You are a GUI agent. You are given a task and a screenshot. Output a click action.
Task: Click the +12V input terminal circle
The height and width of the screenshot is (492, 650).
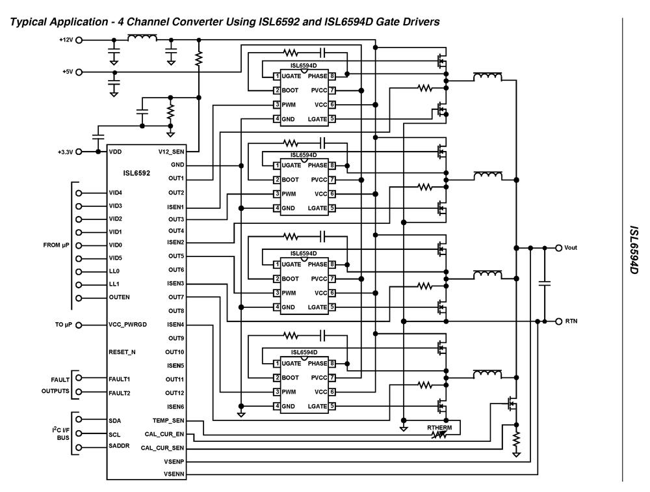[79, 40]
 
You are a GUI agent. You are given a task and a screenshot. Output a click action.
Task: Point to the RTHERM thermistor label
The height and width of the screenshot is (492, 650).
[439, 427]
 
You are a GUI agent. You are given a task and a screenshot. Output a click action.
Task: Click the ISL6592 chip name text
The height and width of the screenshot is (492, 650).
[136, 174]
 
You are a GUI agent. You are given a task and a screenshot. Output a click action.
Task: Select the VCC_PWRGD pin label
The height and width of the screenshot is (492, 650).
[130, 325]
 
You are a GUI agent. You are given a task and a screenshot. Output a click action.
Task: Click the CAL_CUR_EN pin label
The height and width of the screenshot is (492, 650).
[165, 434]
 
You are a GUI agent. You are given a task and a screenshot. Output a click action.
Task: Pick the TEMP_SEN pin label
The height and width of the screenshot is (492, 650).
[168, 421]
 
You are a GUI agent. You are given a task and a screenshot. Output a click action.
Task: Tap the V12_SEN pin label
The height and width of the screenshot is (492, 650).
[171, 152]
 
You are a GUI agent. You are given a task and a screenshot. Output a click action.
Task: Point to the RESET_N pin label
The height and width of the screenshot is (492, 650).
[122, 352]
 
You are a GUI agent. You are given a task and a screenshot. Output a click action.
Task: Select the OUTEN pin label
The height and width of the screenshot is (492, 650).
[120, 298]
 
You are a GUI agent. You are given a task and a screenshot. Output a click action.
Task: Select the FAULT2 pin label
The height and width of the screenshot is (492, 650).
[120, 393]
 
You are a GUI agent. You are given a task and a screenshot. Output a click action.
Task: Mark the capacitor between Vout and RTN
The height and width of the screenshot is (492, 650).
[545, 284]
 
